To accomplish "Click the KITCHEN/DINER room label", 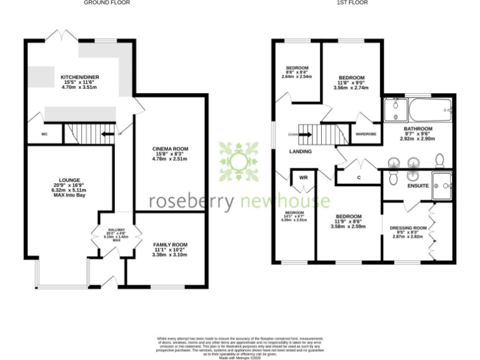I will tap(80, 77).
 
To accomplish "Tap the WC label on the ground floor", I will tap(44, 134).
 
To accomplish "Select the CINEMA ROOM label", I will tap(170, 149).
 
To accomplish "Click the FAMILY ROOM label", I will tap(170, 244).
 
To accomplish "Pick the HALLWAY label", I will tap(117, 230).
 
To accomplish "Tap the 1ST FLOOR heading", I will tap(352, 3).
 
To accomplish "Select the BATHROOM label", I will tap(417, 129).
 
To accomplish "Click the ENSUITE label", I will tap(417, 186).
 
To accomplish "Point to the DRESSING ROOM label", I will tap(407, 228).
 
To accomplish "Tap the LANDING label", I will tap(300, 152).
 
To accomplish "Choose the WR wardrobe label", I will tap(304, 177).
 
